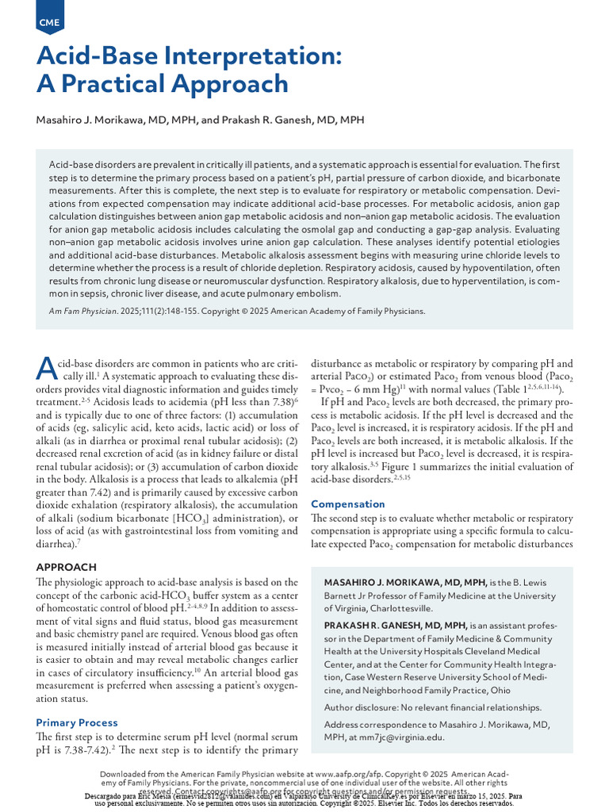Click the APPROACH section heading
67,567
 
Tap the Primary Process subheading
77,722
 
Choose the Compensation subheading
348,504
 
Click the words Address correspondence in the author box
377,723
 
